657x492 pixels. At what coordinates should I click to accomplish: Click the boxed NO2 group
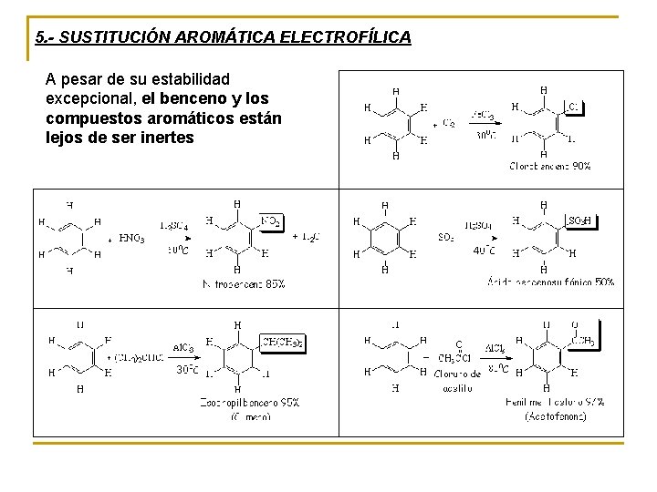[270, 220]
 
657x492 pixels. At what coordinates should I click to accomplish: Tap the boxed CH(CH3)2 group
[283, 342]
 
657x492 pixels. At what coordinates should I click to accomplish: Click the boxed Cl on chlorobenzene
[572, 107]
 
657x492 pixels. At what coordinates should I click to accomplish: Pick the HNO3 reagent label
[131, 239]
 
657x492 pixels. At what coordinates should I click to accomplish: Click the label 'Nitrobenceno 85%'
[244, 284]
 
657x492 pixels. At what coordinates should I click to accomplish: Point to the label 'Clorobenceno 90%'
[549, 167]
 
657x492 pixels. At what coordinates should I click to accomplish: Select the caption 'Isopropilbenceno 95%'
[250, 402]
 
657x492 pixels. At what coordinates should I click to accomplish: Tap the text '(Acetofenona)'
[556, 416]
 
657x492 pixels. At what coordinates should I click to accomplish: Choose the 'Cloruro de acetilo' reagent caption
[457, 381]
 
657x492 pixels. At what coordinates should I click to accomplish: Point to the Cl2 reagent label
[449, 123]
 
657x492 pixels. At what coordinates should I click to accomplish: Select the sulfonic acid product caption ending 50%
[550, 282]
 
